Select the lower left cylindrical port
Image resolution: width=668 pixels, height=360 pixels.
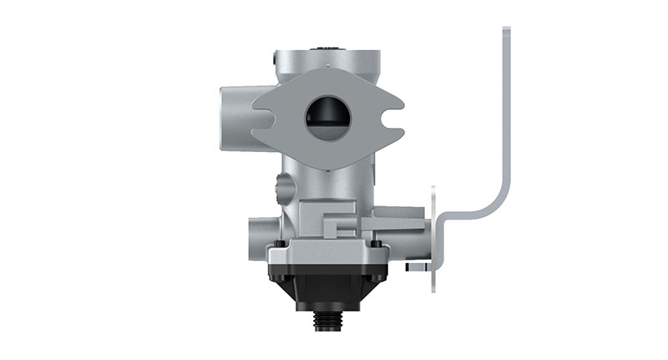258,239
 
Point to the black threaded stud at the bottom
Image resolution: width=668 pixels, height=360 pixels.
328,320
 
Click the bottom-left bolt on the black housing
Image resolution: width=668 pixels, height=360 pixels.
280,278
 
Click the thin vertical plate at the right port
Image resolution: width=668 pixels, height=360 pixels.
433,238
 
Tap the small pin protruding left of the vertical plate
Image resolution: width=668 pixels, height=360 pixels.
415,267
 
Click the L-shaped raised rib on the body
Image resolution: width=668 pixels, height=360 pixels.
337,224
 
